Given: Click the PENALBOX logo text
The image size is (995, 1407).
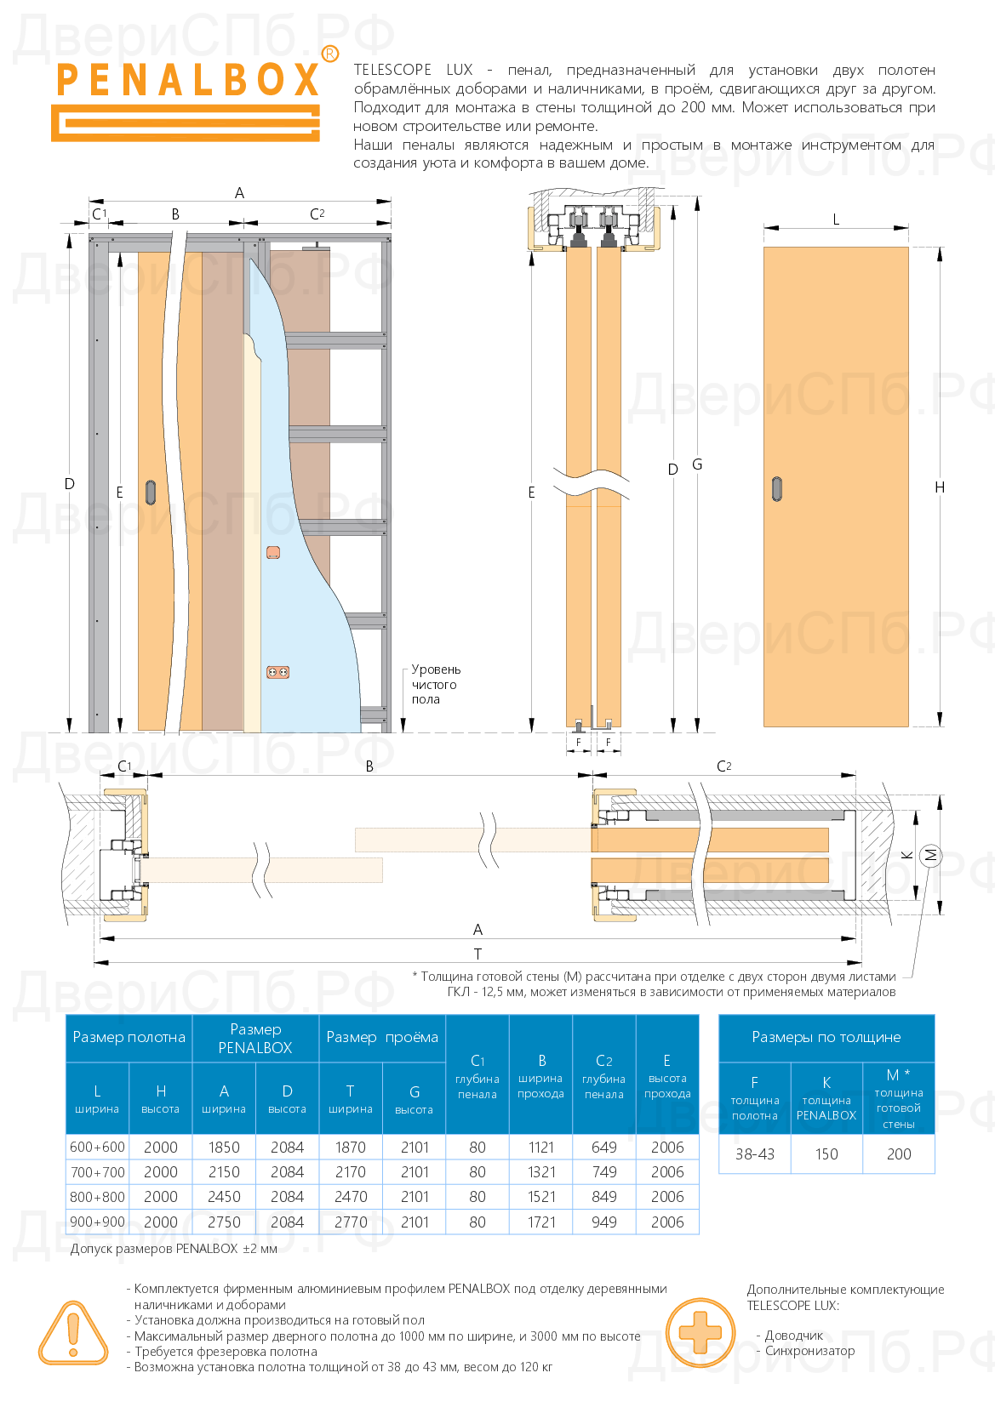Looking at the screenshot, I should (187, 80).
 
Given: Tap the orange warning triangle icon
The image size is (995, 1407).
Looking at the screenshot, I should (73, 1333).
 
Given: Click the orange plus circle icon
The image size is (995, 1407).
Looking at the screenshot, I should (700, 1332).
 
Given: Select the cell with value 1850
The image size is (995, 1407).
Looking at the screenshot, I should (224, 1147).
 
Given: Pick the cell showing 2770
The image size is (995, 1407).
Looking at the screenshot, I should (351, 1222).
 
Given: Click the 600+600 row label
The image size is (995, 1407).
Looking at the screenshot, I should (97, 1147).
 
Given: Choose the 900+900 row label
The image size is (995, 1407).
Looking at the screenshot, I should (97, 1222).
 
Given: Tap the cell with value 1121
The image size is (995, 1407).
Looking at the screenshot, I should (540, 1147).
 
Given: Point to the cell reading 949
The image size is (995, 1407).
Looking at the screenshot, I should (604, 1222).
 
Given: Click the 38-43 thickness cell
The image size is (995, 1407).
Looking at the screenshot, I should (755, 1154).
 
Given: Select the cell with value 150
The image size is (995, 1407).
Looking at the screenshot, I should (826, 1154).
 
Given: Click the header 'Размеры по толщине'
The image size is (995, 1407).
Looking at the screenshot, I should (826, 1037).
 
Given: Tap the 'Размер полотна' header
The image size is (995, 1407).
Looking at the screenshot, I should (129, 1037).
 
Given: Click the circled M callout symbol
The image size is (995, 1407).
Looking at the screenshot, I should (930, 855).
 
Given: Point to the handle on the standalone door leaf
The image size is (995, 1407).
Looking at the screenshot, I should (776, 488).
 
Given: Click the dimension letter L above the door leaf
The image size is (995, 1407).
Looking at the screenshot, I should (836, 219).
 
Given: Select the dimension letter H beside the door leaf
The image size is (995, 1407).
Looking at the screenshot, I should (940, 487).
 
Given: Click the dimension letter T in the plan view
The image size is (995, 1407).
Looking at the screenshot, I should (477, 954).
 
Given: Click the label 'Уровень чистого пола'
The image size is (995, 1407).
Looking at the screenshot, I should (435, 684).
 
